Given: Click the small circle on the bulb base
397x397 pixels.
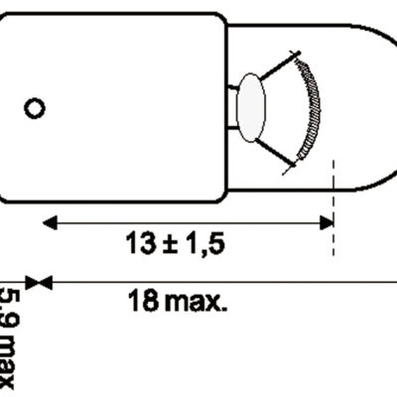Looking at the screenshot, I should tap(34, 106).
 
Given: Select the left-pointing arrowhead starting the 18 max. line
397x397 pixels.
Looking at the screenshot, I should tap(45, 282).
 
